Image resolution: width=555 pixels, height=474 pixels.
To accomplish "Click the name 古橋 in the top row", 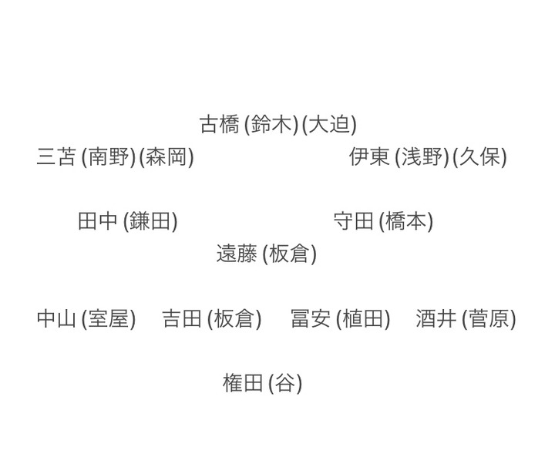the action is (x=220, y=124).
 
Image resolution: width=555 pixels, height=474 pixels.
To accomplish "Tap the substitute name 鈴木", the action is (x=271, y=124).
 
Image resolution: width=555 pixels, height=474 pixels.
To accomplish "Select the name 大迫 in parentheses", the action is (x=329, y=124).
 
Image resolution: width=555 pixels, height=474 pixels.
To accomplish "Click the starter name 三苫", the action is (x=56, y=157).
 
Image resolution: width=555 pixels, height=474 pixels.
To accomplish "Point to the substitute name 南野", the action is (x=108, y=157).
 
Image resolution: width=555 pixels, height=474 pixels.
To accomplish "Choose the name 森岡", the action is (x=166, y=157).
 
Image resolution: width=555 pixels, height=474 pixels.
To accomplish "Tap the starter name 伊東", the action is (x=369, y=157).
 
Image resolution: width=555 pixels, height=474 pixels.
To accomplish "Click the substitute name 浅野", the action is (x=421, y=157).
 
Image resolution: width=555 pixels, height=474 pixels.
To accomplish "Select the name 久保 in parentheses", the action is (x=479, y=157).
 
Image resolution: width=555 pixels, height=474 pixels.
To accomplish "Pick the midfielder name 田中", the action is (x=98, y=222).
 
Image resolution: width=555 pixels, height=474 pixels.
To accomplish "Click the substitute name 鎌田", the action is (x=150, y=222).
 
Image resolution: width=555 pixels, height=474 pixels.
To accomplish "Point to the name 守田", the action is (x=353, y=222).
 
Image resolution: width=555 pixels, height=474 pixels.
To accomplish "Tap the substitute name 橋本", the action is (x=405, y=222).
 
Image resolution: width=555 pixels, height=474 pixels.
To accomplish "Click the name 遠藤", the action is (x=237, y=254).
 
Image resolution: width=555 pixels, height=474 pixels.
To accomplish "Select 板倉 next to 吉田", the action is (x=234, y=319).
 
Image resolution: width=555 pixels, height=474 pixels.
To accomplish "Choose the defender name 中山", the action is (x=56, y=319).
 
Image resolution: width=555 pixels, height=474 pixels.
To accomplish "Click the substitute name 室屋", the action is (x=108, y=319).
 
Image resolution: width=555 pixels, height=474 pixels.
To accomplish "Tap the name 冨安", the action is (x=311, y=319).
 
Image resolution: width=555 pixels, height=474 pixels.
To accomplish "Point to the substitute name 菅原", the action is (x=488, y=319).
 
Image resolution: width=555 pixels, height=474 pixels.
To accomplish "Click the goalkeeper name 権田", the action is (x=243, y=383).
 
